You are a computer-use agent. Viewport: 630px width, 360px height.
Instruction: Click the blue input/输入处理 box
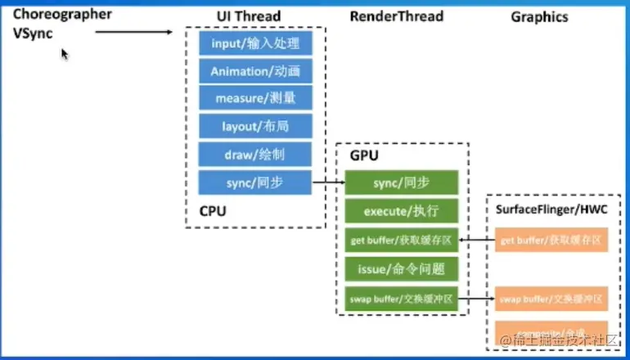[x=255, y=43]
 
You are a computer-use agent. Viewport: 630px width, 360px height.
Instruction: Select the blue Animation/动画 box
[x=255, y=71]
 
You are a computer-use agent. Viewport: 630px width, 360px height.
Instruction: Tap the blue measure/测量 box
[x=255, y=99]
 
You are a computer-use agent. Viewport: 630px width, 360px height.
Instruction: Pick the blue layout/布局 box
[x=255, y=127]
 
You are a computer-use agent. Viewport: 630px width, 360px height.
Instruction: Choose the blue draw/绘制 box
[x=255, y=155]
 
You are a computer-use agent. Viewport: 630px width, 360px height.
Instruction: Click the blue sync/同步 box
[x=255, y=182]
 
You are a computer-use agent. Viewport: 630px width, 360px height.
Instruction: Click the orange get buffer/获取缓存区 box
[x=551, y=240]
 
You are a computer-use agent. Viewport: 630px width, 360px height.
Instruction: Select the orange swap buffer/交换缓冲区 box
[x=551, y=299]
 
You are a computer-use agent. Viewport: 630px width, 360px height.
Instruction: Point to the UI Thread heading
[x=249, y=16]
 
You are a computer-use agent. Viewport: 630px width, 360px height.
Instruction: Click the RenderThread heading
[x=396, y=16]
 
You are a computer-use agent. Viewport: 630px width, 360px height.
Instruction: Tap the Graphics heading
[x=539, y=16]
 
